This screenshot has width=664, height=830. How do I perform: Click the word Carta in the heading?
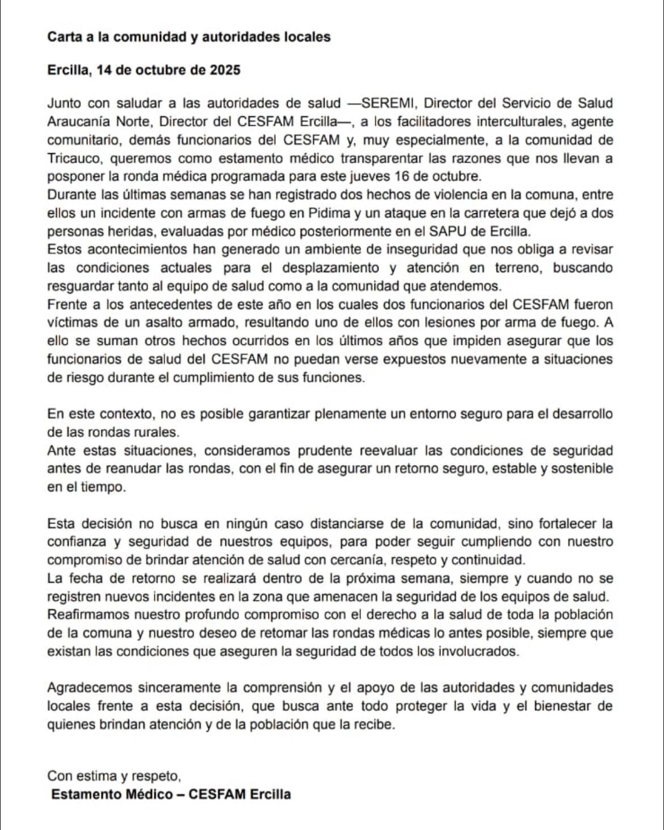click(x=62, y=37)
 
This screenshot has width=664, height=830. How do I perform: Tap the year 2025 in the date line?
click(x=225, y=70)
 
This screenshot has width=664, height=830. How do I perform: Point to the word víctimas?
click(x=70, y=323)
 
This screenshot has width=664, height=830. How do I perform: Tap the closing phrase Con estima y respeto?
click(x=114, y=776)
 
